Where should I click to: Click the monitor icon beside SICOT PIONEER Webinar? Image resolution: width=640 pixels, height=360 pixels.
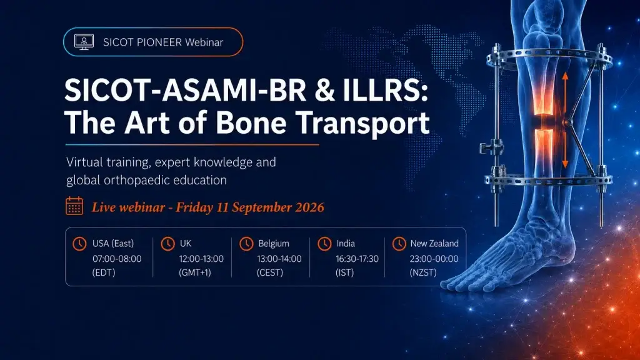click(x=84, y=42)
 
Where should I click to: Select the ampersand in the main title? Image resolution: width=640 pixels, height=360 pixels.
click(x=324, y=90)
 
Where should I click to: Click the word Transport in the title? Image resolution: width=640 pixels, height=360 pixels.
click(x=362, y=123)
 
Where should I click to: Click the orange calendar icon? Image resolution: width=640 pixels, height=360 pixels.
click(x=74, y=206)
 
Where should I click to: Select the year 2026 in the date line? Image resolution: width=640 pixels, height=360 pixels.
click(x=309, y=207)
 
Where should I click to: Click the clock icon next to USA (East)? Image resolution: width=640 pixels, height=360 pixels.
click(x=79, y=244)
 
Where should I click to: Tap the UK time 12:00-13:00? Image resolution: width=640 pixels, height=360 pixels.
click(x=201, y=259)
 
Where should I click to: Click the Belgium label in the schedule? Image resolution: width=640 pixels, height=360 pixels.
click(x=274, y=244)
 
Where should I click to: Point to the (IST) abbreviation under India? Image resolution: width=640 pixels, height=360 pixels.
click(x=344, y=272)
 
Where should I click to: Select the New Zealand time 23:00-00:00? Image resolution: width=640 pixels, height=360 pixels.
click(x=434, y=259)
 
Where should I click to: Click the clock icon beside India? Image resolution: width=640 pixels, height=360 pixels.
click(x=324, y=244)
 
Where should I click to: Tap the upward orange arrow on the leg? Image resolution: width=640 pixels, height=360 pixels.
click(x=565, y=94)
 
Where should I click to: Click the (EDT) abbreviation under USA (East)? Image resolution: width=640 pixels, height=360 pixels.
click(x=104, y=272)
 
